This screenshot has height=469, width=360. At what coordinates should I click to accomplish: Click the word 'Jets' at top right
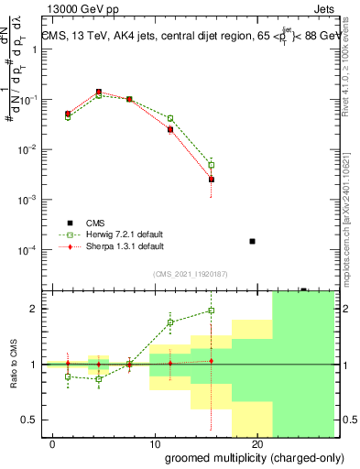point(322,8)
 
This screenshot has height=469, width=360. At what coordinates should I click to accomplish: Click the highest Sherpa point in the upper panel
point(99,92)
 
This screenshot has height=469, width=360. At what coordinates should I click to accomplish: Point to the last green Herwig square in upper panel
point(212,165)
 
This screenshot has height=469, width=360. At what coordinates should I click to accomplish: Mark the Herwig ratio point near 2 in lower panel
point(212,311)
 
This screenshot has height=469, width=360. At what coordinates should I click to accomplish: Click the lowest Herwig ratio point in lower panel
point(99,379)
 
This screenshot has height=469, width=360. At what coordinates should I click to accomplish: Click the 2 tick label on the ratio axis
point(33,309)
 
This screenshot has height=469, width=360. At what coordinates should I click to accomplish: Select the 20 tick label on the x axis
point(257,444)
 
